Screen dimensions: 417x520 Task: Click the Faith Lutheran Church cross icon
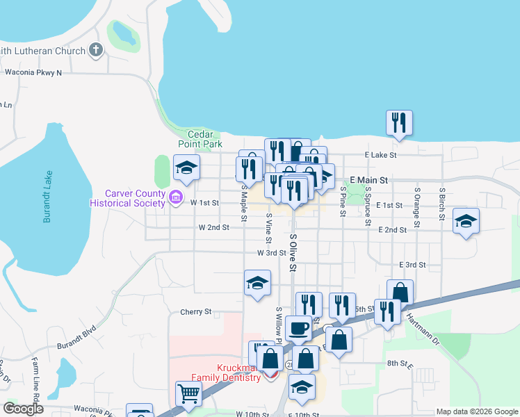point(96,50)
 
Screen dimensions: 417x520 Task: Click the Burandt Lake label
point(47,198)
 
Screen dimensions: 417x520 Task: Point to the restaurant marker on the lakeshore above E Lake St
point(399,123)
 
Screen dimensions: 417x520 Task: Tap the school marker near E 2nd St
point(466,222)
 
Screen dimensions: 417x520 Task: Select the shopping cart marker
point(188,393)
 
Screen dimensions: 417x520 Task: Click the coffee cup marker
point(298,328)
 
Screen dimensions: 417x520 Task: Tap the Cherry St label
point(195,312)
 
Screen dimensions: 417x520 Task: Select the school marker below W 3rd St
point(257,283)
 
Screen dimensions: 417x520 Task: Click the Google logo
point(24,409)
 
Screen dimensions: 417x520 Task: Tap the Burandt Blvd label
point(77,335)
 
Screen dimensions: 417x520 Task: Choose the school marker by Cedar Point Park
point(186,167)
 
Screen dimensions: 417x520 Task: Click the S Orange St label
point(417,207)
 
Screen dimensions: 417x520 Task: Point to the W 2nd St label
point(213,227)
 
